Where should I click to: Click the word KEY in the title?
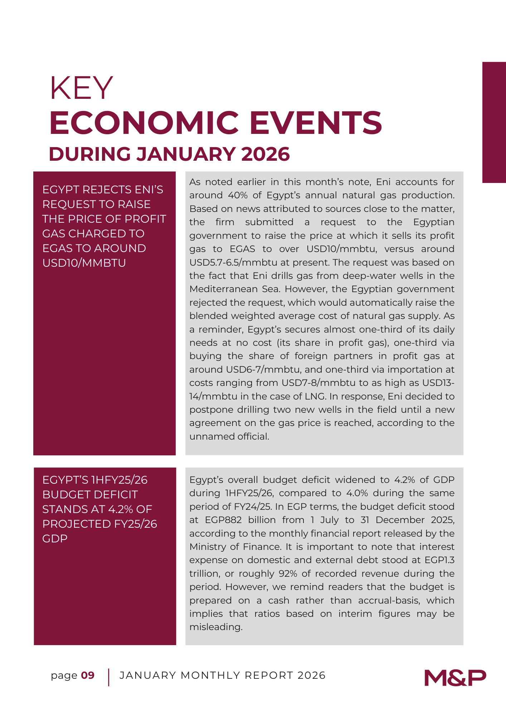[x=81, y=88]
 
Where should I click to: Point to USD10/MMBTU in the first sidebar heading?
[x=84, y=263]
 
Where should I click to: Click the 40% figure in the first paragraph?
[x=237, y=195]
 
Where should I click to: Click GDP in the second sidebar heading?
[x=55, y=538]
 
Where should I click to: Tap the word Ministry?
[x=207, y=547]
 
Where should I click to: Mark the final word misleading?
[x=216, y=627]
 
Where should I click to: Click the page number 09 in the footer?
[x=88, y=675]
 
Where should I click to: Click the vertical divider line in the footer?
[x=108, y=677]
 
